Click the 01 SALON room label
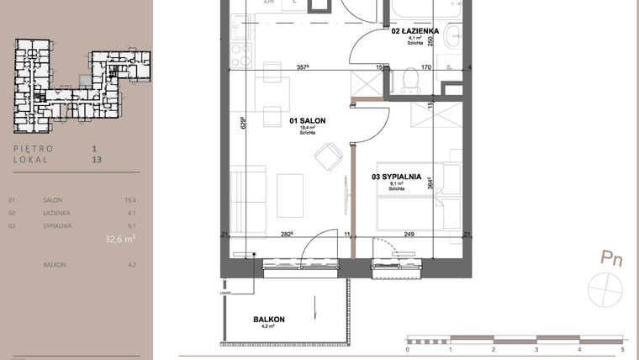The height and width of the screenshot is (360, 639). click(307, 122)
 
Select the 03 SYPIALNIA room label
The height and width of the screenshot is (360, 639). click(396, 177)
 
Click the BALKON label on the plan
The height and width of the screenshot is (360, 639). click(269, 320)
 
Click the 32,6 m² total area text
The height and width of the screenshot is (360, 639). click(120, 239)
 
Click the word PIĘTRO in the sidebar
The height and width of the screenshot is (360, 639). click(34, 148)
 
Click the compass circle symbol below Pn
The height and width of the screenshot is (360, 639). click(607, 289)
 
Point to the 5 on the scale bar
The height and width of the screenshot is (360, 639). click(622, 348)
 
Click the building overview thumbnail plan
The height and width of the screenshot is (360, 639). click(82, 84)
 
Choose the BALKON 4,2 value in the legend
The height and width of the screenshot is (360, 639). click(129, 265)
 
